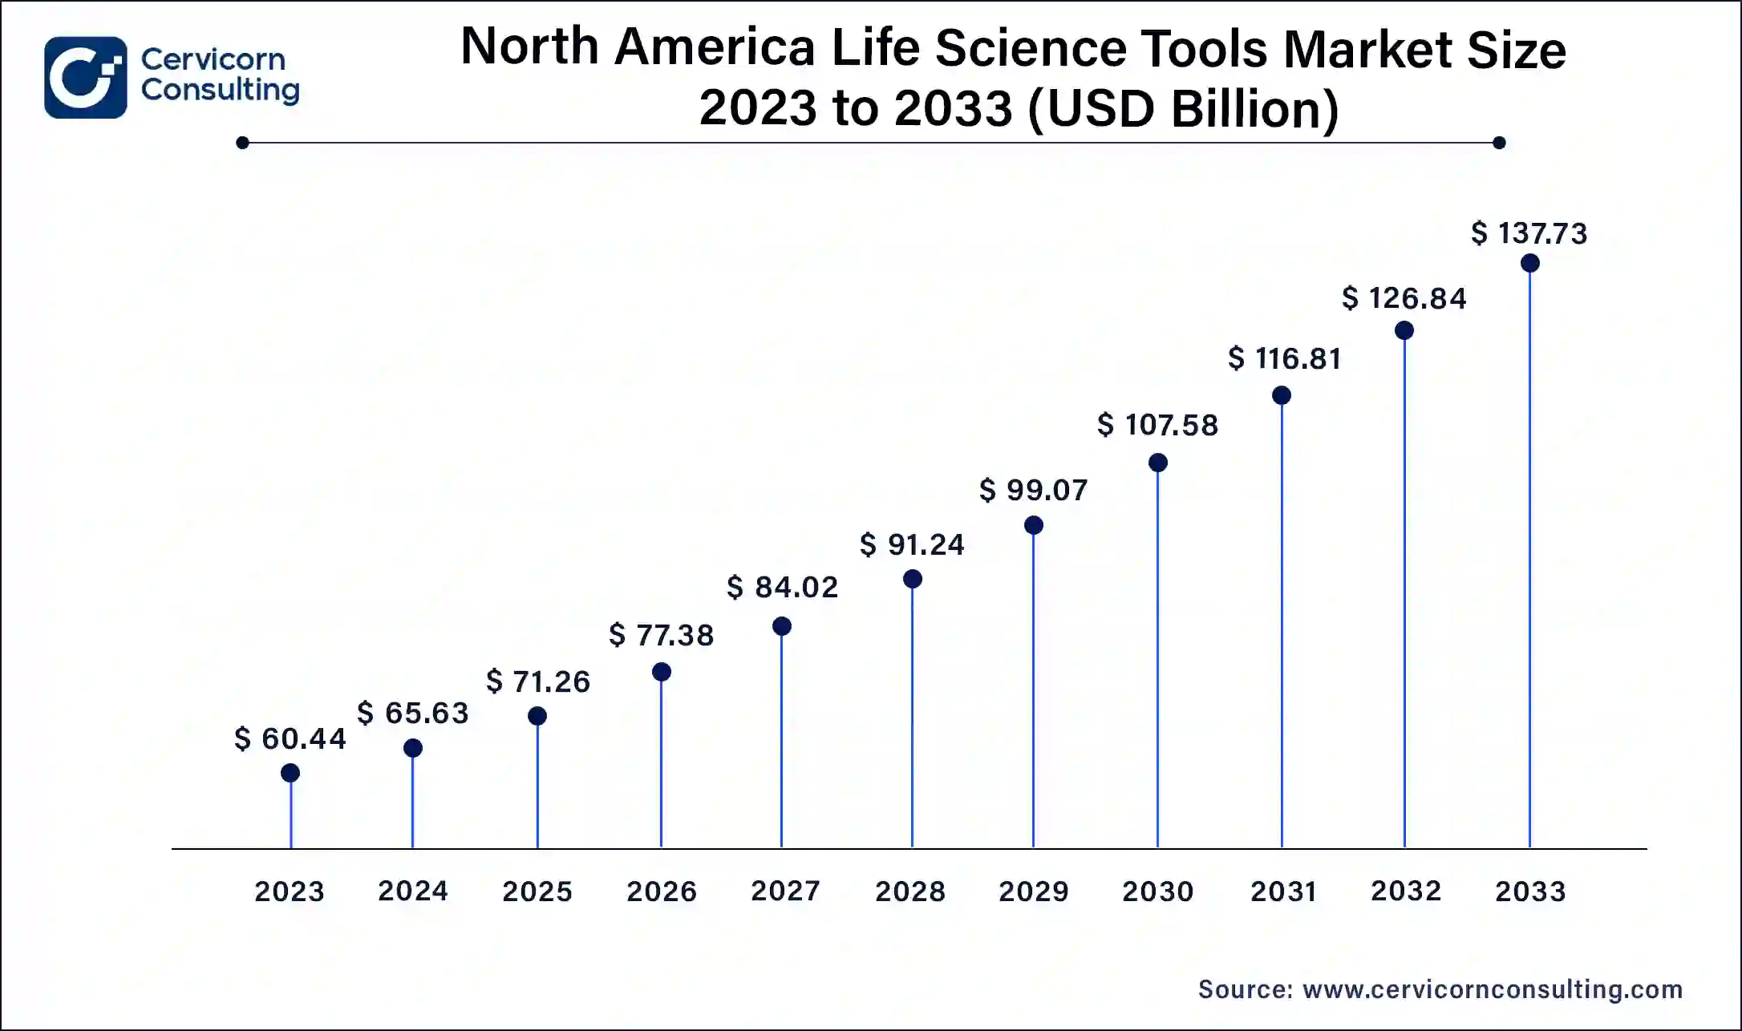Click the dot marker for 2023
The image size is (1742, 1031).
pos(290,773)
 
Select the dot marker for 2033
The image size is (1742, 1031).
pos(1529,263)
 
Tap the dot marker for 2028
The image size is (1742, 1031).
pos(912,579)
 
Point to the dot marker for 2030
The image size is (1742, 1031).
pos(1157,463)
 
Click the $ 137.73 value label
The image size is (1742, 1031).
pos(1529,233)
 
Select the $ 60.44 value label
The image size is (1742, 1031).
pos(290,738)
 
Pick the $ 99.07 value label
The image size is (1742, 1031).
pos(1033,490)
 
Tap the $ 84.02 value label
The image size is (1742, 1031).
pos(782,587)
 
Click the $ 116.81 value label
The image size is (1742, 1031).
pos(1284,358)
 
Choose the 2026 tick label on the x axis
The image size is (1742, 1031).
pos(662,892)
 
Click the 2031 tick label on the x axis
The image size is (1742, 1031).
pos(1283,892)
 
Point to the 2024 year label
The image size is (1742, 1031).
pos(413,891)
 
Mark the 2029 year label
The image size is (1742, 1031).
pos(1033,892)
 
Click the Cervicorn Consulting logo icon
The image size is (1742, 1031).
pos(85,78)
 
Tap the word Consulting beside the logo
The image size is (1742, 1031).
pos(221,90)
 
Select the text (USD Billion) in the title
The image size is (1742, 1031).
pos(1183,108)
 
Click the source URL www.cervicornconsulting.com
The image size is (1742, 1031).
pos(1492,989)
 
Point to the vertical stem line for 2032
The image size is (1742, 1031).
pos(1404,593)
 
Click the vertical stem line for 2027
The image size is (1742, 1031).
pos(781,738)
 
